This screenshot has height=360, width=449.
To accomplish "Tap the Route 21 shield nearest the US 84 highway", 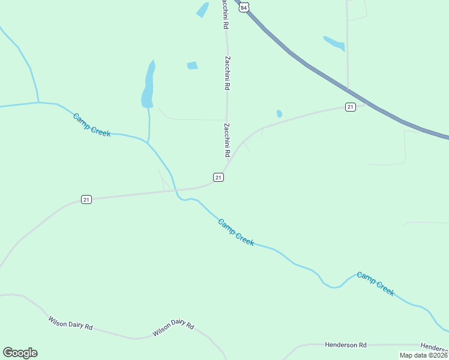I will click(351, 107).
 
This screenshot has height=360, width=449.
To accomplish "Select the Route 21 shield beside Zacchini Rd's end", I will click(218, 177).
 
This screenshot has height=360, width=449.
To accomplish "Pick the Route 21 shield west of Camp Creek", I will click(86, 199).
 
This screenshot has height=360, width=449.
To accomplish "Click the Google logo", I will click(20, 353).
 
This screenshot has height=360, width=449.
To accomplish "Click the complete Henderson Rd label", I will click(345, 345).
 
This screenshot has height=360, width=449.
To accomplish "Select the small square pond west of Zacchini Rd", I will click(192, 65).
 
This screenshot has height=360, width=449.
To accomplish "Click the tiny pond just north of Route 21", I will click(279, 113).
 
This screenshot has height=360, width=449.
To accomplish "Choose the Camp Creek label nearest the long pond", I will click(92, 125).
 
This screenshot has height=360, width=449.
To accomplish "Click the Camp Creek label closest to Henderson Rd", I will click(375, 283).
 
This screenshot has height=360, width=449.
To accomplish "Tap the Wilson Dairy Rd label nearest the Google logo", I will click(70, 323).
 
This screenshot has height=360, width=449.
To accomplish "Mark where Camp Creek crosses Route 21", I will click(176, 191).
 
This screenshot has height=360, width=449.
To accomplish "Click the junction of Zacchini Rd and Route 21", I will click(227, 167).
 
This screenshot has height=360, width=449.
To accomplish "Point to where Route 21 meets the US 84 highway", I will click(365, 103).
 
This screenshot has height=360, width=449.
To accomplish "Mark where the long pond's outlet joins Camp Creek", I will click(148, 143).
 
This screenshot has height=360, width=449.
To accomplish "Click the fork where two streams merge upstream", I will click(38, 103).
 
